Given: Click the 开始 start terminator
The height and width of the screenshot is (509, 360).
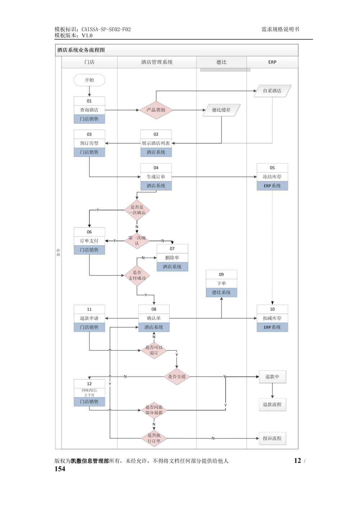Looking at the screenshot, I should click(x=89, y=80).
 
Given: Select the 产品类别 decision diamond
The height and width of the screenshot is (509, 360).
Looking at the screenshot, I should click(x=156, y=110).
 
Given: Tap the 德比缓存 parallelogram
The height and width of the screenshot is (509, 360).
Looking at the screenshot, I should click(x=221, y=110).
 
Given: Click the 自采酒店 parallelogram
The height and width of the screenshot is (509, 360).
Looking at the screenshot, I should click(x=272, y=91).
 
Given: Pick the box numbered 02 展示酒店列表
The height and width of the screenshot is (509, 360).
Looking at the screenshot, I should click(x=156, y=143).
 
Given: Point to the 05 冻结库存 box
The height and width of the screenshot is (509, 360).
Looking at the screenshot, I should click(x=272, y=177).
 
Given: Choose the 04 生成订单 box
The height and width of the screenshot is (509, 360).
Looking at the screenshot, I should click(x=156, y=177).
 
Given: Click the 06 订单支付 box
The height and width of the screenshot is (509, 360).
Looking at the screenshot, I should click(x=89, y=241).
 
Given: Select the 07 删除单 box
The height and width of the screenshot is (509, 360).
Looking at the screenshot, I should click(x=172, y=258).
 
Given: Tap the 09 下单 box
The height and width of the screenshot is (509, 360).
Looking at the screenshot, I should click(x=221, y=283).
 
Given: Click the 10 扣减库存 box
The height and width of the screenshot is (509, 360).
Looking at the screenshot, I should click(x=272, y=318).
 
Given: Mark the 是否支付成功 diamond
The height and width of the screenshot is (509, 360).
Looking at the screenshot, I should click(x=137, y=276).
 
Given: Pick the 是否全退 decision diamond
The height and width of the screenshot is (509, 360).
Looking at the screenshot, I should click(x=177, y=377).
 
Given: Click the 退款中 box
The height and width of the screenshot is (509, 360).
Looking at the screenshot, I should click(x=272, y=377).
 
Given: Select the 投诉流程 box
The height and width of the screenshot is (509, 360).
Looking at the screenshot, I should click(x=272, y=438).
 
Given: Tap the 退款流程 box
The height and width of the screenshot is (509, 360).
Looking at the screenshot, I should click(x=272, y=405).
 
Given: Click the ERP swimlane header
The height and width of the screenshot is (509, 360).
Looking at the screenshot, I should click(x=272, y=62).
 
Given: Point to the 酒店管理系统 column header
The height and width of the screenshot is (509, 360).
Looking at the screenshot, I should click(x=157, y=62).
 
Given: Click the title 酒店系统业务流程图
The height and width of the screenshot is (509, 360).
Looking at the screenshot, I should click(x=81, y=50).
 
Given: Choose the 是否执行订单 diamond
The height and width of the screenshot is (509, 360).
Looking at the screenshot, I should click(x=154, y=438).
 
